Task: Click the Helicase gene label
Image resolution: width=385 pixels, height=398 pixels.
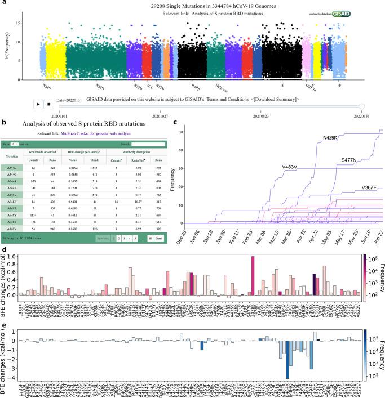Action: point(221,87)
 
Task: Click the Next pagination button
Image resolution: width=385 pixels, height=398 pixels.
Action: point(159,239)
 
